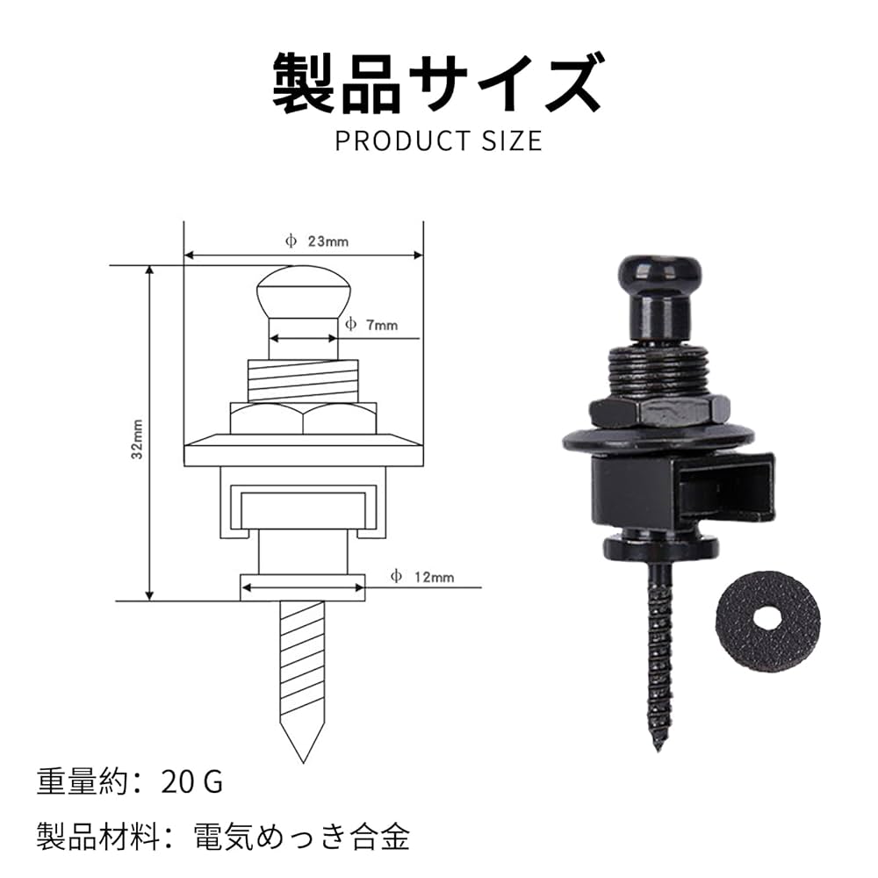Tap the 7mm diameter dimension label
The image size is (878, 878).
[x=371, y=325]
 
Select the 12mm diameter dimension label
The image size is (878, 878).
[x=423, y=577]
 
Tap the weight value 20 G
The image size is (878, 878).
[x=192, y=781]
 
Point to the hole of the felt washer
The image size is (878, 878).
[x=766, y=616]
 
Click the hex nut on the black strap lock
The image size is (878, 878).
[x=658, y=409]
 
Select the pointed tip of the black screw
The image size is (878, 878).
[x=656, y=745]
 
